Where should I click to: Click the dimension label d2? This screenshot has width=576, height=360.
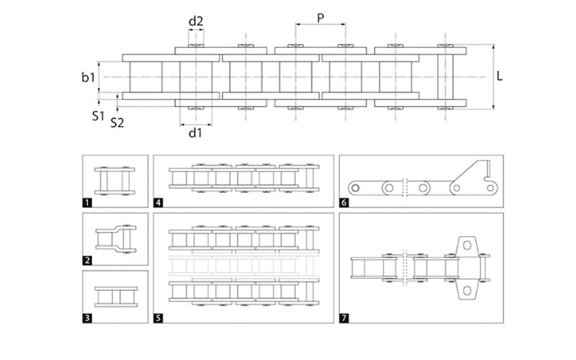coord(195,21)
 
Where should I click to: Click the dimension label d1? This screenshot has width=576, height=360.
coord(195,133)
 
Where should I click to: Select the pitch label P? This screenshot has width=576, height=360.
coord(319,17)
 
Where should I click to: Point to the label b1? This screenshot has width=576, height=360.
coord(87,76)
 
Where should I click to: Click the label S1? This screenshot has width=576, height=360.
coord(98,114)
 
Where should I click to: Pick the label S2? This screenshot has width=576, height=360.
coord(117,122)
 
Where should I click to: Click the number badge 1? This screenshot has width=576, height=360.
coord(88,203)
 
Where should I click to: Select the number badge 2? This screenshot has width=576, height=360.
coord(88,260)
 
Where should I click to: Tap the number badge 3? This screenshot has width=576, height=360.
coord(88,318)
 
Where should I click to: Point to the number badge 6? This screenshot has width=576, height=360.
coord(344,203)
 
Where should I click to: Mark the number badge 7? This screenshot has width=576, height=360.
coord(344,318)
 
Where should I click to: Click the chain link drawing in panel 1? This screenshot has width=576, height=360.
coord(116,180)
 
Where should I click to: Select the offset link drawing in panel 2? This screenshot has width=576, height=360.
coord(116,237)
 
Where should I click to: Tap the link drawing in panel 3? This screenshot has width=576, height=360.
coord(116,296)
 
